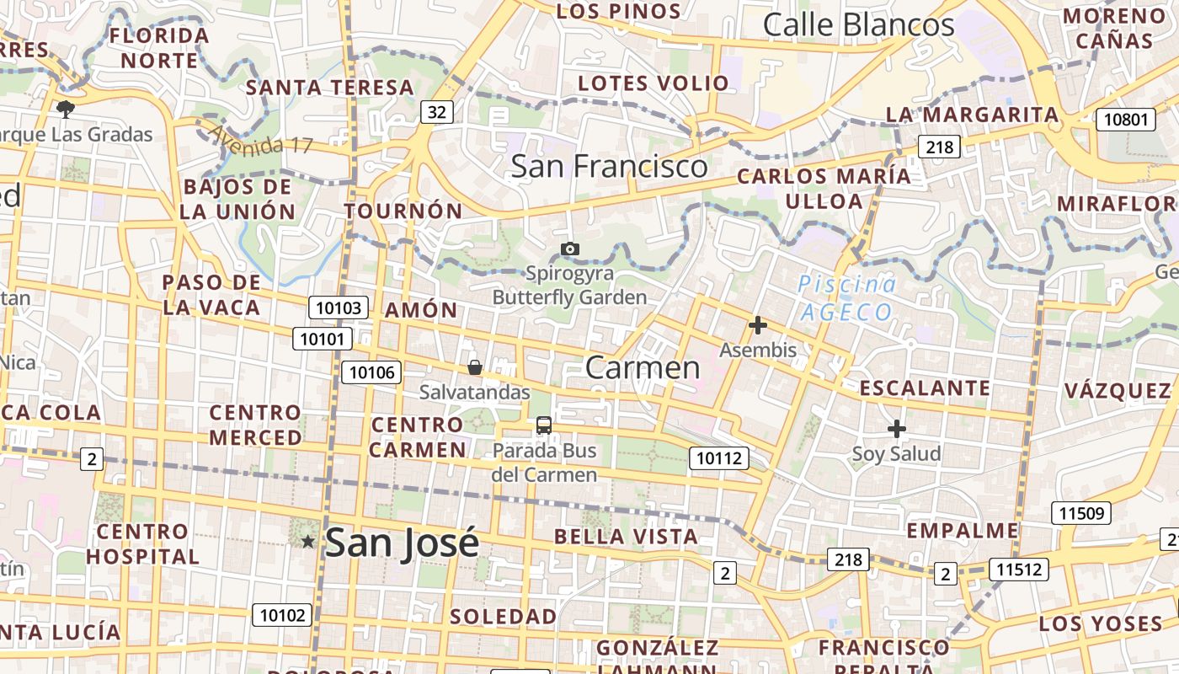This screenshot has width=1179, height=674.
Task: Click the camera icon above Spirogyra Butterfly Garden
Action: click(x=570, y=249)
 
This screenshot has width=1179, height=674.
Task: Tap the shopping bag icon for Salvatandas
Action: click(x=475, y=367)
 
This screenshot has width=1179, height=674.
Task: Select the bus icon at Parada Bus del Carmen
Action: click(x=544, y=425)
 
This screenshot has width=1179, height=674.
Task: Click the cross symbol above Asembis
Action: click(x=758, y=325)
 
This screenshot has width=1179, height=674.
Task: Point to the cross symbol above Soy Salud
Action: click(x=897, y=429)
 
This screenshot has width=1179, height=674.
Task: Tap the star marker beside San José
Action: click(x=308, y=542)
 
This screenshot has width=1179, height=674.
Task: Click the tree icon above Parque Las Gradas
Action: click(x=65, y=109)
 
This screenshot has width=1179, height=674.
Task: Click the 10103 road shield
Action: click(x=339, y=308)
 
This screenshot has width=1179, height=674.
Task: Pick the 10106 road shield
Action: click(x=371, y=372)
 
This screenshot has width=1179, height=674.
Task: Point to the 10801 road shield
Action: click(x=1126, y=120)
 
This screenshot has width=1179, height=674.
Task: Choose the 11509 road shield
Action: click(x=1081, y=513)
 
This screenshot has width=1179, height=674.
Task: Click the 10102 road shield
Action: click(x=282, y=615)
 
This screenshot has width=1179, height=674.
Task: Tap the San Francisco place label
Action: click(x=610, y=166)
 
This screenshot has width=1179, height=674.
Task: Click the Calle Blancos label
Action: click(x=858, y=25)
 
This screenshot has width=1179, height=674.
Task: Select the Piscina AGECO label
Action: click(x=846, y=298)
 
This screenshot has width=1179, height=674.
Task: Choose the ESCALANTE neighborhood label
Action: click(x=925, y=388)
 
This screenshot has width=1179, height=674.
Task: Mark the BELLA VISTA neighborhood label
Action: click(x=626, y=537)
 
